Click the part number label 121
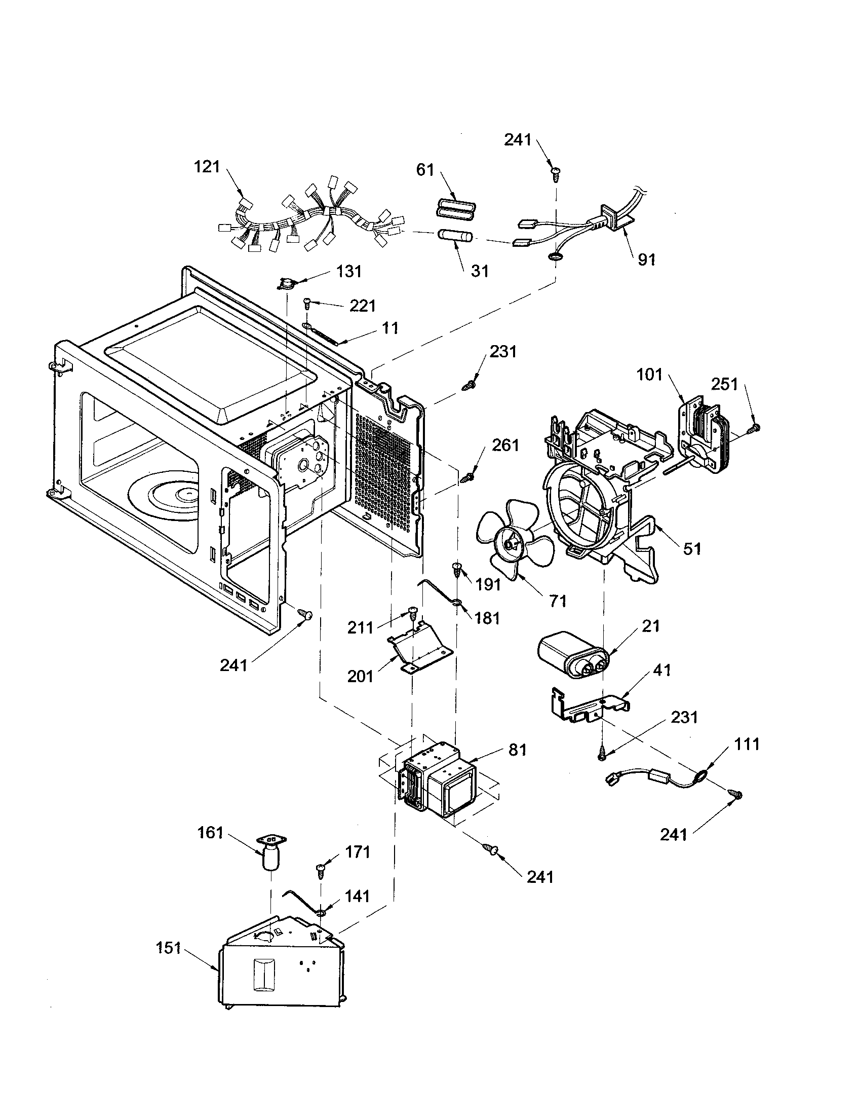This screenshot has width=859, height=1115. [207, 167]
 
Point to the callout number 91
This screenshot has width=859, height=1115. [646, 260]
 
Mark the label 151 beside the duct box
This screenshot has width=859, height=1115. [168, 948]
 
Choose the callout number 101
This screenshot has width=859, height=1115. [649, 375]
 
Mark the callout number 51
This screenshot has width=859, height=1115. [692, 549]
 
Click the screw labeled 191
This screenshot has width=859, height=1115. [457, 568]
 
